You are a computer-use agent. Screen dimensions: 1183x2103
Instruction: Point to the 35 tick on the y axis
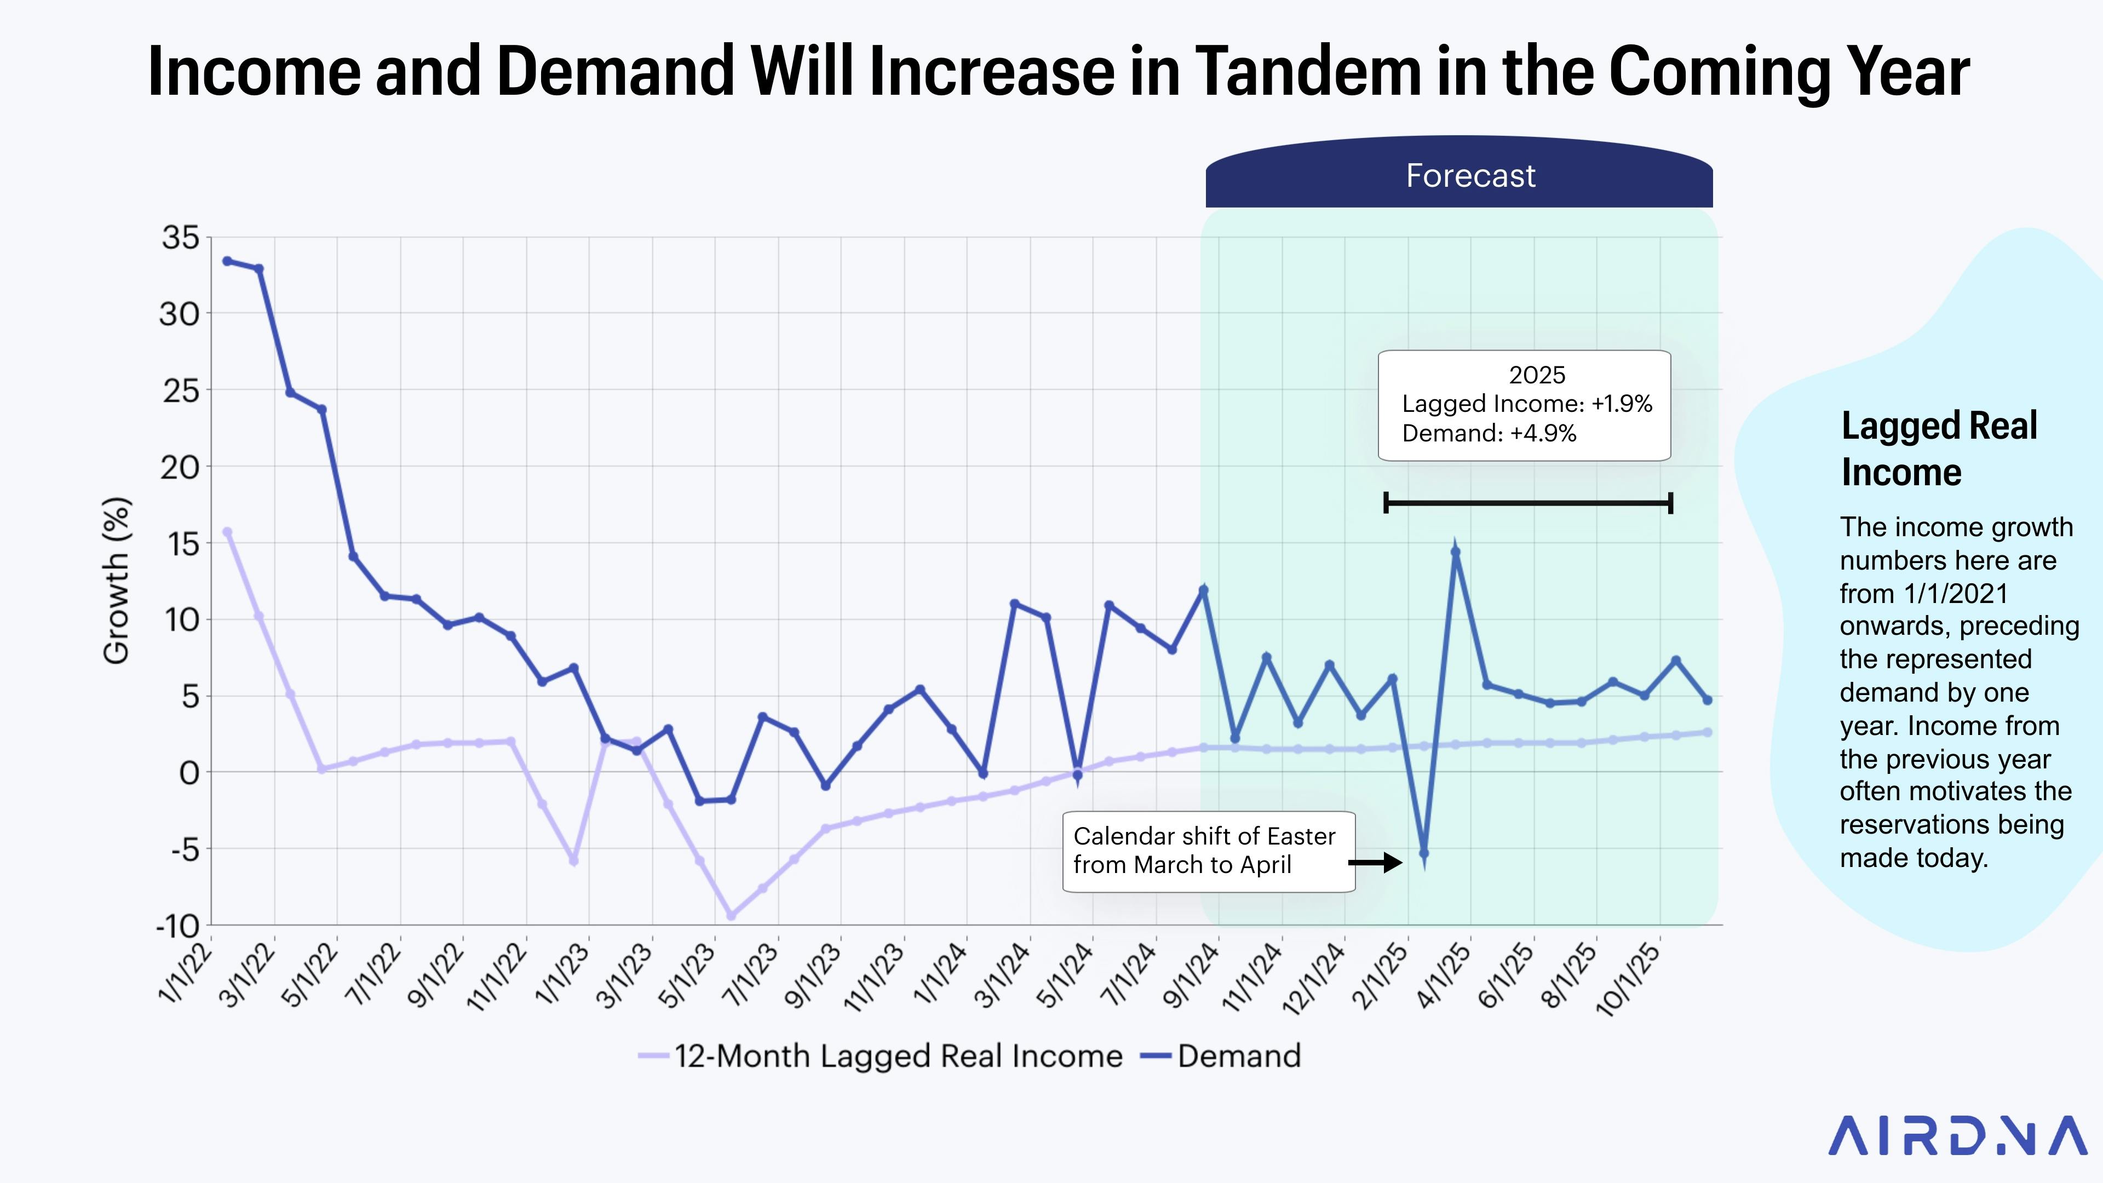[180, 238]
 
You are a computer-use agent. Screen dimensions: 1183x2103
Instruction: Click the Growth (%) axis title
[117, 581]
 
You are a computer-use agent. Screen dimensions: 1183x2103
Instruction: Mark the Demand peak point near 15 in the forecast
[1456, 552]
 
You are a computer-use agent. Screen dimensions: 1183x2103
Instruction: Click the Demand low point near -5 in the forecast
[1424, 854]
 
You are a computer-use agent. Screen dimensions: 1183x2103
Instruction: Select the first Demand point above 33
[228, 261]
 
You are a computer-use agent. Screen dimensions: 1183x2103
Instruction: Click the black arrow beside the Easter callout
[1376, 862]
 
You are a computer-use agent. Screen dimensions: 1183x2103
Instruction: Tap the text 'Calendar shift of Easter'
[1204, 836]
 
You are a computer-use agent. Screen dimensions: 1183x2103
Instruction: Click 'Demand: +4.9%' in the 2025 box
[1489, 434]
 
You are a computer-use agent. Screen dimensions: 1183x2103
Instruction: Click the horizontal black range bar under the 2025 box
[1529, 503]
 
